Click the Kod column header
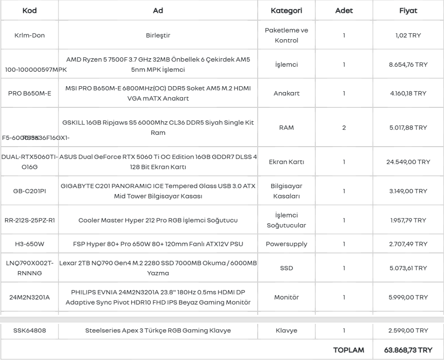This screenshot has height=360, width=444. (29, 11)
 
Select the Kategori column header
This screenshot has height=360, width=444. (286, 11)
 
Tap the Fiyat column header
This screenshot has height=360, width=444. (408, 11)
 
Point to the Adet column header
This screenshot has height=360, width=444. (344, 11)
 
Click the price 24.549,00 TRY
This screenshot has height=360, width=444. (408, 162)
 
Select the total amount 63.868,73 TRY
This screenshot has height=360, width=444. (408, 350)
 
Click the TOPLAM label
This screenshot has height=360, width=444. (348, 350)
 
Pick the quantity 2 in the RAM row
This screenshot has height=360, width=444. (344, 128)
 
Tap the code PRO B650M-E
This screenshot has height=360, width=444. (29, 93)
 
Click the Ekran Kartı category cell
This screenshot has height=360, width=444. (286, 162)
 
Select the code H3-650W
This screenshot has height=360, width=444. (29, 244)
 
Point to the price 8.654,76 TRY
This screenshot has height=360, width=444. (408, 65)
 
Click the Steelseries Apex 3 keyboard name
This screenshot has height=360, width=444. (158, 331)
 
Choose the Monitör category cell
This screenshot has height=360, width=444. (286, 297)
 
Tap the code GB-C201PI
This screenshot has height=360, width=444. (29, 191)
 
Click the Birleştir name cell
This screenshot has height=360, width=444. (158, 35)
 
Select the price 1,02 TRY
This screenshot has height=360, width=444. (408, 35)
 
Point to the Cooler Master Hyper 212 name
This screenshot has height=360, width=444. (158, 221)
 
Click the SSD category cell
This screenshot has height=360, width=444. (286, 268)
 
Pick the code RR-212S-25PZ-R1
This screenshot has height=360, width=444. (29, 221)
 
